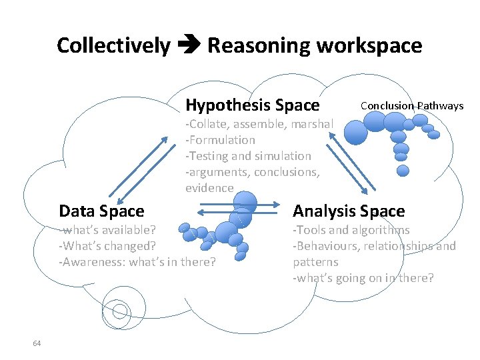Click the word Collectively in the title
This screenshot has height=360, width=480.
tap(113, 46)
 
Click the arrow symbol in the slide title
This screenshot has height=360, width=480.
tap(189, 46)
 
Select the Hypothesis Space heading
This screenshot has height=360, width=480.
tap(253, 105)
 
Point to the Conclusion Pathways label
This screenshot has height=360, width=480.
tap(411, 105)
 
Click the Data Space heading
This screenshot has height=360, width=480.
tap(101, 211)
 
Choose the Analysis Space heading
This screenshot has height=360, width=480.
tap(349, 211)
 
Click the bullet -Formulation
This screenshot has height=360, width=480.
tap(221, 140)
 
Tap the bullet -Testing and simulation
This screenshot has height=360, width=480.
tap(248, 156)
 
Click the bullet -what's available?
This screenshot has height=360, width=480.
tap(107, 230)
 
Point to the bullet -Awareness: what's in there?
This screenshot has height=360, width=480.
tap(137, 262)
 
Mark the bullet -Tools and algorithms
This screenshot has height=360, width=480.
tap(351, 230)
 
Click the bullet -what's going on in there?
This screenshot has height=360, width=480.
tap(363, 278)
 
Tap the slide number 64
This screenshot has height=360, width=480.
tap(37, 343)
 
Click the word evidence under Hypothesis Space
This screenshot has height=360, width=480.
tap(209, 188)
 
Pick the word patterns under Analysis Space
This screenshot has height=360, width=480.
tap(315, 262)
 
